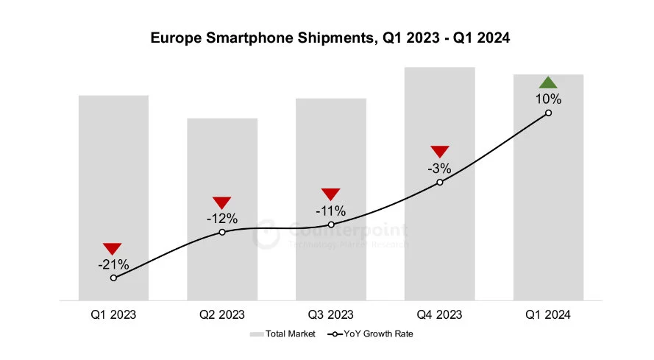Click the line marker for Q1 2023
pos(113,278)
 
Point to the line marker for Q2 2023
pos(222,232)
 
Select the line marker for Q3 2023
pos(331,225)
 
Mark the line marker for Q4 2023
pos(439,182)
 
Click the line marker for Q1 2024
pos(548,113)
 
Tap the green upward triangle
pos(548,83)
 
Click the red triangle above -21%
pos(113,249)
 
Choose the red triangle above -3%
pos(439,152)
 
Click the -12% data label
pos(222,219)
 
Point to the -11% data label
pos(331,211)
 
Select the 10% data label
pos(548,99)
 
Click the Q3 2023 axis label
pos(331,314)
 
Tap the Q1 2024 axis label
pos(548,314)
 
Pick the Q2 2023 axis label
pos(222,314)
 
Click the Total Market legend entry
pos(283,334)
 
